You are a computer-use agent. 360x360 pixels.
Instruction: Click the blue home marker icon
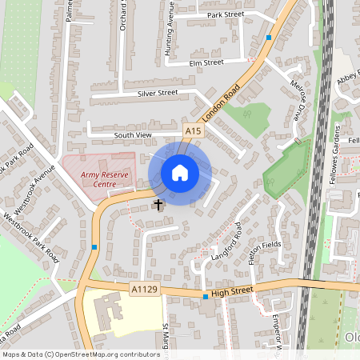pos(180,173)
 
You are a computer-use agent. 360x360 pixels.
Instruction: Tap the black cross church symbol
pos(158,205)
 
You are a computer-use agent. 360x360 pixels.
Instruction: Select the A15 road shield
pos(192,130)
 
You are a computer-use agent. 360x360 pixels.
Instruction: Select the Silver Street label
pos(157,93)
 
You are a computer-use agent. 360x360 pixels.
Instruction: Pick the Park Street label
pos(225,15)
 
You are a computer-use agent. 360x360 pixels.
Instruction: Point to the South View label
pos(133,135)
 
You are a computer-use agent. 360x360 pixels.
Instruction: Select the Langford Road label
pos(226,250)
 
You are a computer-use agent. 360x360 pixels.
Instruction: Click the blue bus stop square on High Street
pos(206,298)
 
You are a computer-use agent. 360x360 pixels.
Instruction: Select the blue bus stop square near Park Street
pos(269,38)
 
